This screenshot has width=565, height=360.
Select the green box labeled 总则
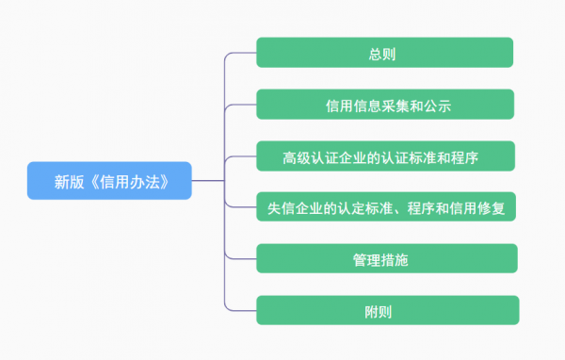tap(384, 53)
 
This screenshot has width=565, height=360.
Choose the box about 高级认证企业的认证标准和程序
tap(385, 155)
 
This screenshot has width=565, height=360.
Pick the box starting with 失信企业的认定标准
tap(385, 207)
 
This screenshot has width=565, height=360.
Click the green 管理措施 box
tap(386, 258)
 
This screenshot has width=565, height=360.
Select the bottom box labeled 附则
tap(386, 310)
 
